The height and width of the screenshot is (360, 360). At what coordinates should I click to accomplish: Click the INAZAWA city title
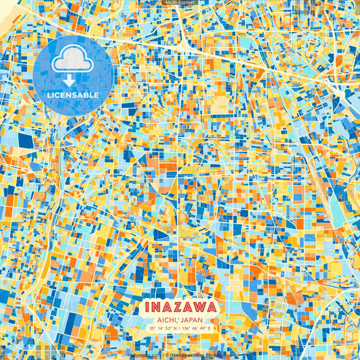coord(180,307)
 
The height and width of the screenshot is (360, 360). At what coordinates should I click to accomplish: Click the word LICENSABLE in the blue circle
coord(73,95)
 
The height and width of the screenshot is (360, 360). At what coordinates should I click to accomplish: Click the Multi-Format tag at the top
coord(180,3)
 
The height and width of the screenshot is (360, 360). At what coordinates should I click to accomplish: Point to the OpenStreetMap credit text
coord(188,353)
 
